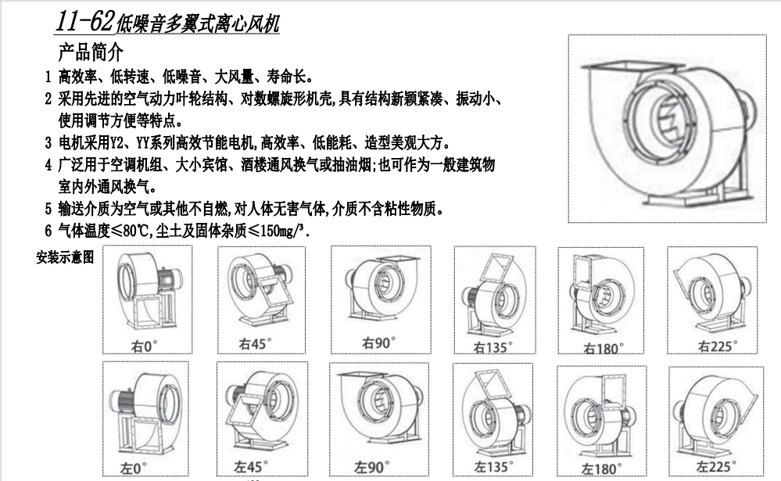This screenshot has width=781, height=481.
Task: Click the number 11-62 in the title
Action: click(x=84, y=21)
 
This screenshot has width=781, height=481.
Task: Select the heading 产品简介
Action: click(x=91, y=52)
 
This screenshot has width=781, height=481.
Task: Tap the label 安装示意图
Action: click(x=65, y=257)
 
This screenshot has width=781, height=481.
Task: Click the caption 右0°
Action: click(x=145, y=346)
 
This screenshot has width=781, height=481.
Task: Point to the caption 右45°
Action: click(x=255, y=343)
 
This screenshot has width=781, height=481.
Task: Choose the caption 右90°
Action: click(x=378, y=343)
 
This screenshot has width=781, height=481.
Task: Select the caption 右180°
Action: click(x=604, y=348)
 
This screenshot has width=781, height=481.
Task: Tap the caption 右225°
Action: click(x=718, y=346)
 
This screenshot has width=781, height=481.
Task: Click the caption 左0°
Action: click(x=134, y=468)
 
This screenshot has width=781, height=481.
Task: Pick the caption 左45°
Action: click(x=250, y=467)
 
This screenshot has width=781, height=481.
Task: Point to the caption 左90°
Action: click(x=371, y=467)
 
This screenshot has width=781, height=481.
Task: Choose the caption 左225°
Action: click(x=716, y=467)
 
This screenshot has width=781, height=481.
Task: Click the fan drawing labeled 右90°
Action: click(x=381, y=289)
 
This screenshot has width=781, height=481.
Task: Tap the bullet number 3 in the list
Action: click(x=48, y=144)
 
